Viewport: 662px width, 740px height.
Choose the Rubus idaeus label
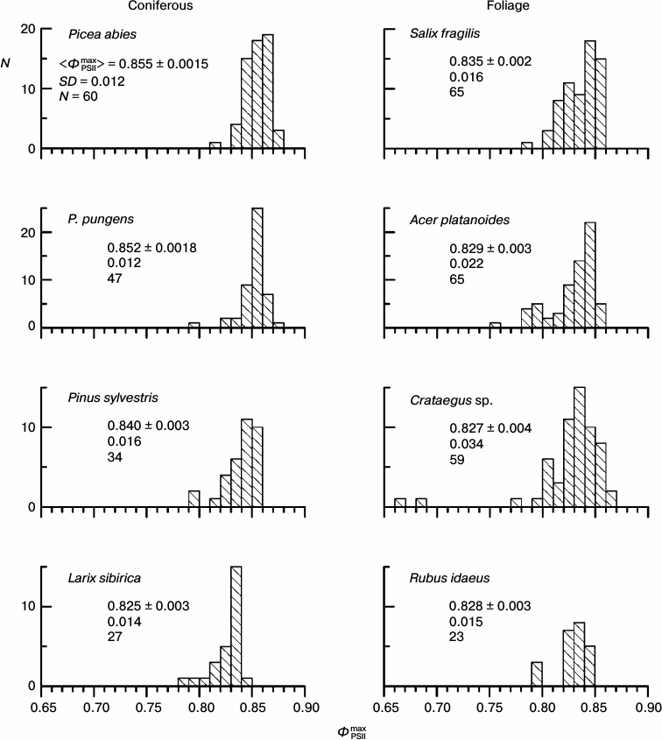[x=445, y=579]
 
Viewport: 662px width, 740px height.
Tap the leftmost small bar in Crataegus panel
[x=400, y=503]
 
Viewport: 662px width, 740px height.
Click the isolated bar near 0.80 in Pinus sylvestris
[x=194, y=499]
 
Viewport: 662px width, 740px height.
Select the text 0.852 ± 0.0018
[x=151, y=249]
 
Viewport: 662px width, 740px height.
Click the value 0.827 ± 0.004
[x=491, y=428]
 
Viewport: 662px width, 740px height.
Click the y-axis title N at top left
[x=8, y=62]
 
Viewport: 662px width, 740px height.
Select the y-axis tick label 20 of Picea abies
[x=28, y=29]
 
